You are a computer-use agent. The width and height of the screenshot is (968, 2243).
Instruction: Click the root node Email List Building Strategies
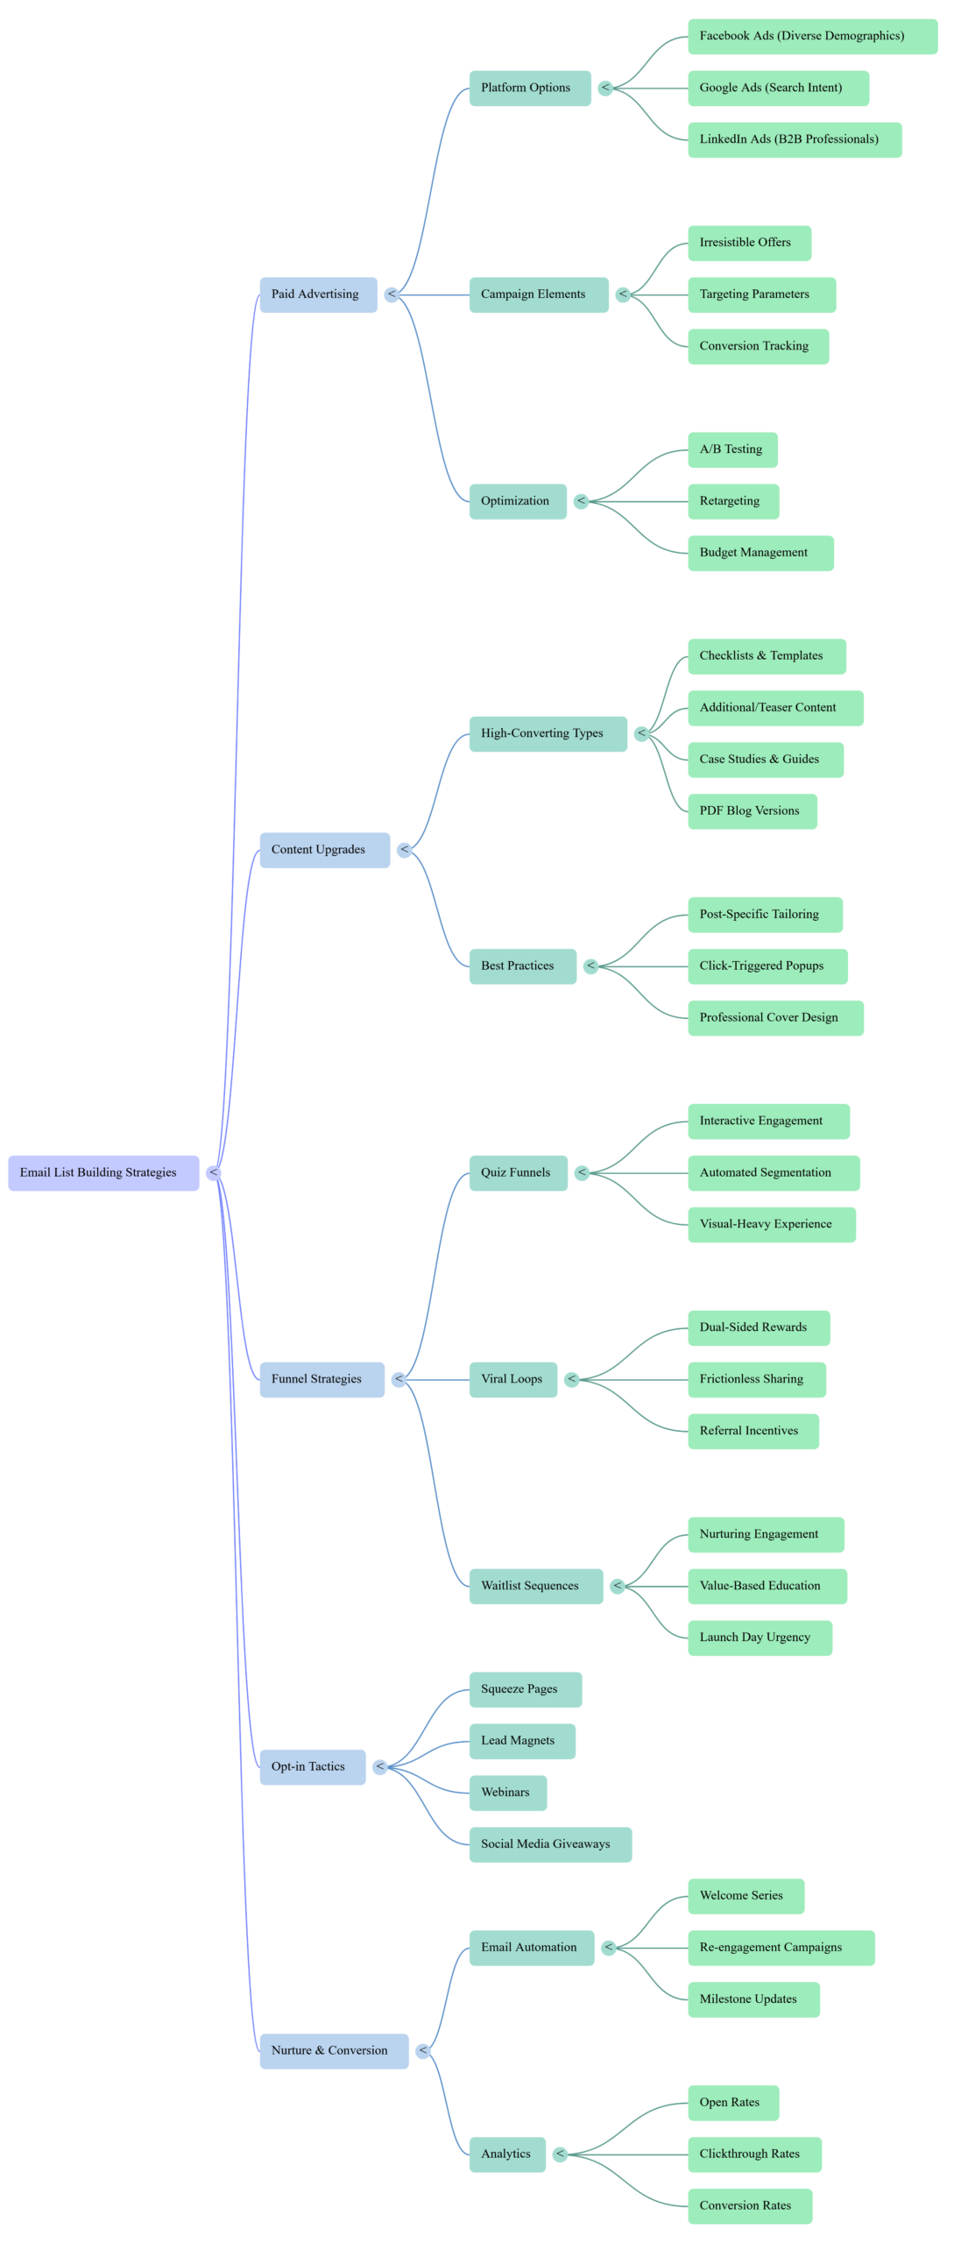(103, 1172)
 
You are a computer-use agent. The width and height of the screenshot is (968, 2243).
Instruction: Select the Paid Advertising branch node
(318, 294)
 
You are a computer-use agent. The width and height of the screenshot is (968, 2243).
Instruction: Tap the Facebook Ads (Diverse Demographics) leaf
(812, 36)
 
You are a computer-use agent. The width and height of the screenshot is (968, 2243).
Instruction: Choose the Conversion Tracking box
(758, 346)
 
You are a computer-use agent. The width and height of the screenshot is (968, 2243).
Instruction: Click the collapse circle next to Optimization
(582, 501)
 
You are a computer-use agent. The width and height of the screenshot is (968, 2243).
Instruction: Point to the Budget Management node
(760, 553)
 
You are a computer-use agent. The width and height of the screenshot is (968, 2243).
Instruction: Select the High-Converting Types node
(548, 733)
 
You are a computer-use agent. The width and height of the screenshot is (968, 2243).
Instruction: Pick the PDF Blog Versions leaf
(752, 811)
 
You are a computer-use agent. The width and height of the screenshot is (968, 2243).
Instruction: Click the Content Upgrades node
(324, 850)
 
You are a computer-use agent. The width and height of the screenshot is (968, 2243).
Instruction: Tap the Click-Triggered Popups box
(767, 966)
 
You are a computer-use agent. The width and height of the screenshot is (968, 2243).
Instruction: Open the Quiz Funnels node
(518, 1172)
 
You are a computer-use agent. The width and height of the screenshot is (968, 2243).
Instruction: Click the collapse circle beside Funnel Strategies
(399, 1379)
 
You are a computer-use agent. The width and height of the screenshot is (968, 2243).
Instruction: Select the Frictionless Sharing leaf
(756, 1379)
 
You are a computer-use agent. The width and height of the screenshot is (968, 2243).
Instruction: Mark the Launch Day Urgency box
(759, 1638)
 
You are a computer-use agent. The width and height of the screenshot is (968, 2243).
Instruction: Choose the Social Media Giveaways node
(550, 1844)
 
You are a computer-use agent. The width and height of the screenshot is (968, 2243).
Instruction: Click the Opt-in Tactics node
(312, 1766)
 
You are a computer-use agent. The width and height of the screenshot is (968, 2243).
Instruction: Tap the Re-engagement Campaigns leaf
(781, 1948)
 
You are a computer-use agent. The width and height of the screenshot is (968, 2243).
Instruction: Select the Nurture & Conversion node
(334, 2051)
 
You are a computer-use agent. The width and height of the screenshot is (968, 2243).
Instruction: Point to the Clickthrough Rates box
(754, 2155)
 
